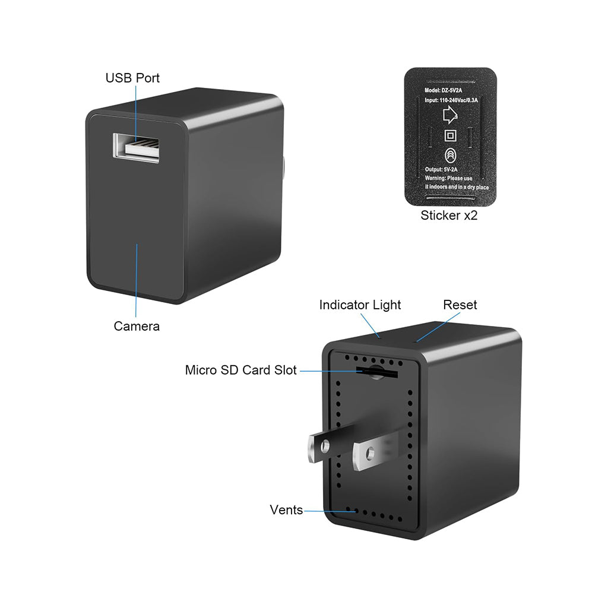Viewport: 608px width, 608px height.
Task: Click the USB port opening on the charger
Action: point(137,146)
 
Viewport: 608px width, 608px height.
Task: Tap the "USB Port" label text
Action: point(132,78)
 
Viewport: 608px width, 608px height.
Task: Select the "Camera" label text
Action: point(137,326)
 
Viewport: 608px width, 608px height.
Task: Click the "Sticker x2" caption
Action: point(449,216)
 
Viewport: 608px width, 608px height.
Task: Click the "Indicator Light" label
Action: point(360,305)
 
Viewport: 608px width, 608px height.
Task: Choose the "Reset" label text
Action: point(460,305)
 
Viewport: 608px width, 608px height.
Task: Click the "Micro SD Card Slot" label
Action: point(240,370)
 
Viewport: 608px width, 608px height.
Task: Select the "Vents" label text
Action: point(286,509)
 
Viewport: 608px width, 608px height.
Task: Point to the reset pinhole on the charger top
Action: point(416,341)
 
